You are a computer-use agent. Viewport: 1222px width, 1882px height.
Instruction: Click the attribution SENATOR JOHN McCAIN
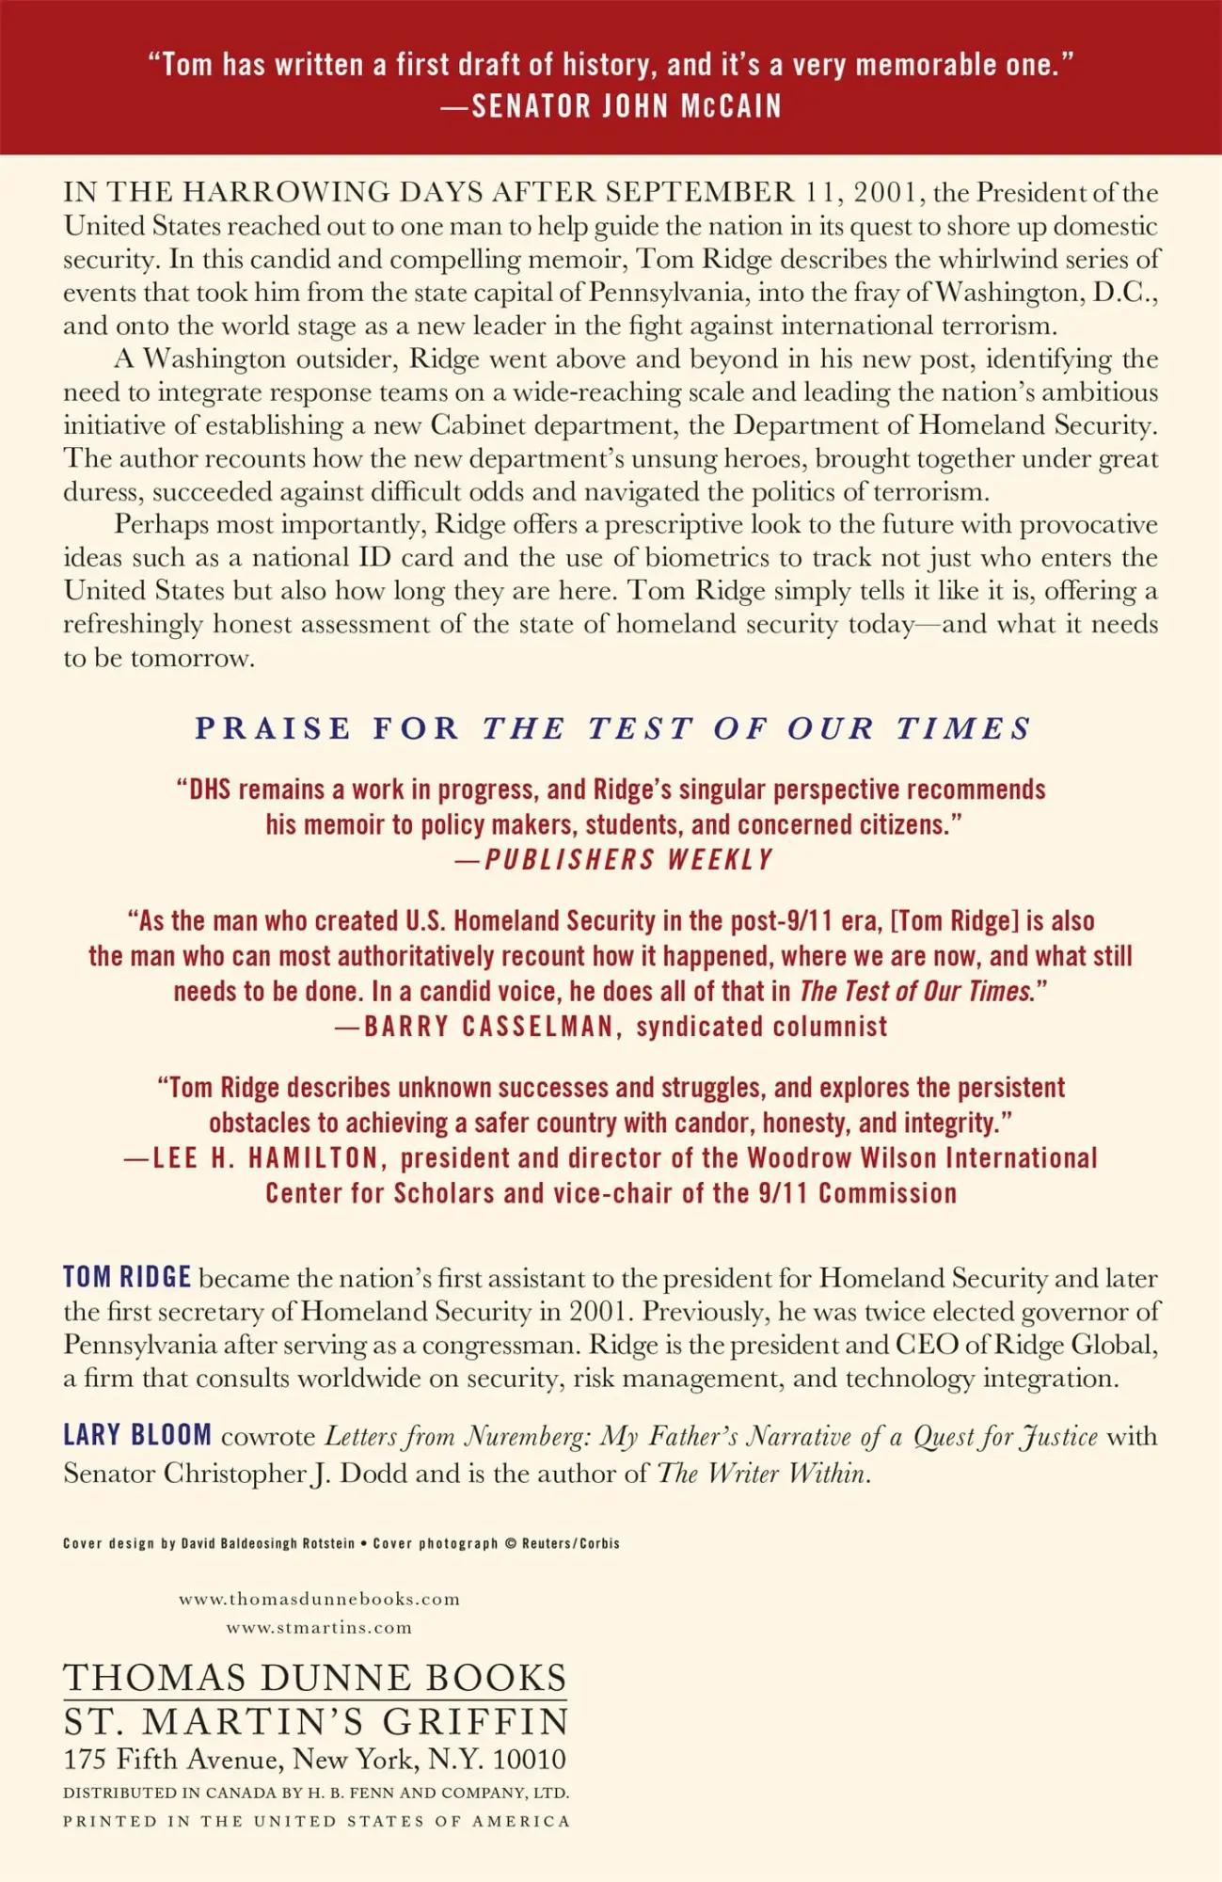click(x=626, y=106)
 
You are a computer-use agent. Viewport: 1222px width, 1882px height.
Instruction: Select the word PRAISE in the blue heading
click(x=273, y=727)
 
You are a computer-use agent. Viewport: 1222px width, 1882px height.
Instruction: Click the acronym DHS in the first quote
click(x=210, y=789)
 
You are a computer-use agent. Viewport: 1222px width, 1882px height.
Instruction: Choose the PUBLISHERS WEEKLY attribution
click(x=627, y=859)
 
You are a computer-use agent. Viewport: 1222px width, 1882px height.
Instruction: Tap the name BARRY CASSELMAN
click(x=489, y=1026)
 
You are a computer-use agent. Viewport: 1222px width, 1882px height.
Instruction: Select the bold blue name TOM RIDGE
click(x=127, y=1277)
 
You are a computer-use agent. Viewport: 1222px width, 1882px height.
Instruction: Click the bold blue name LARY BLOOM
click(x=137, y=1435)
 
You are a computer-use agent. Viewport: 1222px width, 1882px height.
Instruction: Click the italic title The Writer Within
click(x=762, y=1473)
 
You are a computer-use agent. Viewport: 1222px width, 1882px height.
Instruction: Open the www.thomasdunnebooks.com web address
click(x=319, y=1599)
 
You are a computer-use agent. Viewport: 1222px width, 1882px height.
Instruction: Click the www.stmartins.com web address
click(x=319, y=1627)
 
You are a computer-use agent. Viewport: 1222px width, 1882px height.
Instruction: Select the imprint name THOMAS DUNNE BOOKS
click(x=315, y=1678)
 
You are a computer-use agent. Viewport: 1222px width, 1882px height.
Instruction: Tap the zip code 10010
click(x=530, y=1759)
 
